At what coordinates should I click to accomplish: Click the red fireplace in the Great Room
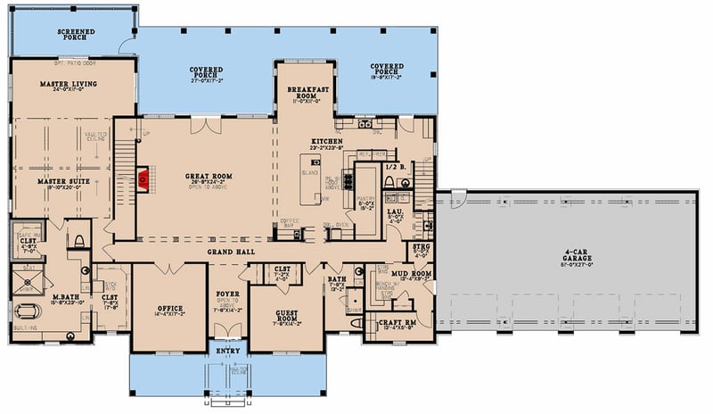point(142,179)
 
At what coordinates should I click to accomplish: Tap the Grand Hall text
point(233,253)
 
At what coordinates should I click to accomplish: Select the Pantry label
point(365,203)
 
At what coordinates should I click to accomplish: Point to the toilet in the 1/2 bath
point(389,183)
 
